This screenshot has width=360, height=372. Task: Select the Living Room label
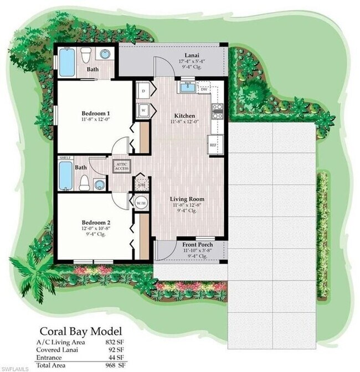pos(188,199)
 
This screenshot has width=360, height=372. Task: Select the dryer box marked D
pos(142,91)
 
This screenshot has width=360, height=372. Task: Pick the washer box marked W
pos(142,109)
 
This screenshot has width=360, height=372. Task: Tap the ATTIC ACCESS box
pos(121,166)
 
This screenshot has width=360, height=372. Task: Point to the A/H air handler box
pos(141,185)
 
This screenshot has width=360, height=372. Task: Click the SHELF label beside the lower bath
pos(66,158)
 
